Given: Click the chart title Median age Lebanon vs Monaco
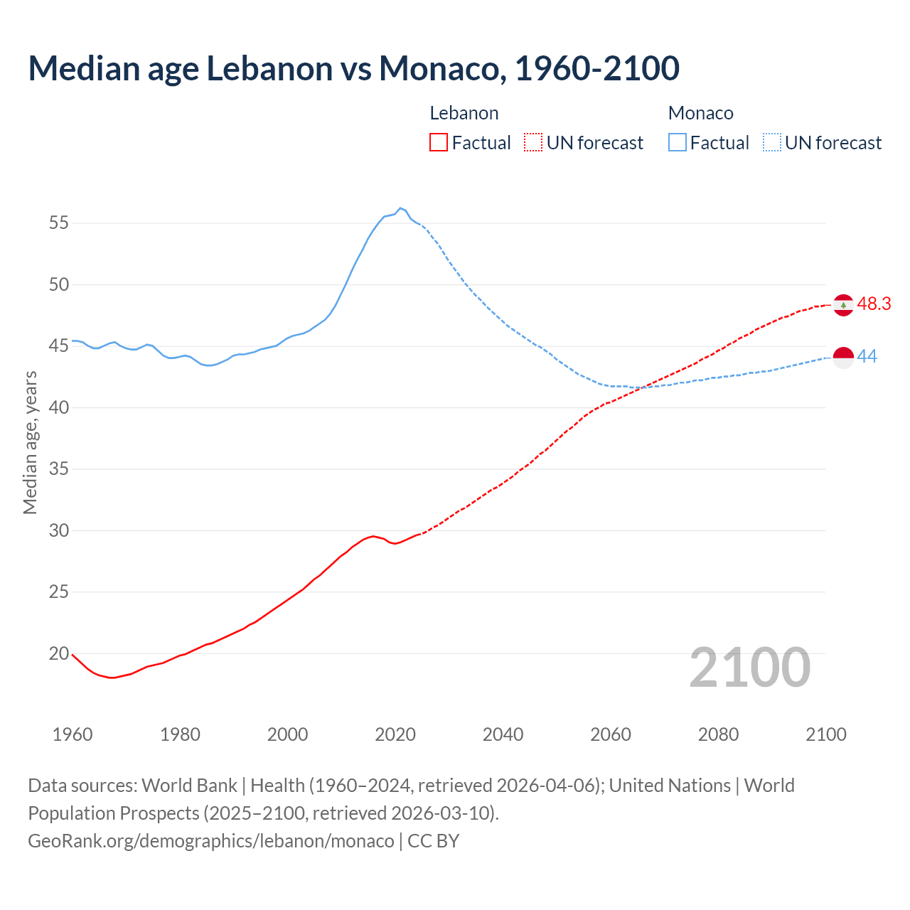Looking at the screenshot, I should pyautogui.click(x=353, y=68).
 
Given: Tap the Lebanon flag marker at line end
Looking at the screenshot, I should pyautogui.click(x=843, y=305).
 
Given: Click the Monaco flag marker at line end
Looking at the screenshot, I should pyautogui.click(x=843, y=358).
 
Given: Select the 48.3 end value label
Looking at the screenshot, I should pyautogui.click(x=874, y=304).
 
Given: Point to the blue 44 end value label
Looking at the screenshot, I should pyautogui.click(x=867, y=357).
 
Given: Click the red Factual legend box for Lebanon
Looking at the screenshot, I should pyautogui.click(x=439, y=143).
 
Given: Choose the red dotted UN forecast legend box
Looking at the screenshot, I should pyautogui.click(x=533, y=143).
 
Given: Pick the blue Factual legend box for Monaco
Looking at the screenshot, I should pyautogui.click(x=678, y=143).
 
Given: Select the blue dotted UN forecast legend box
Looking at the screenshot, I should pyautogui.click(x=771, y=143).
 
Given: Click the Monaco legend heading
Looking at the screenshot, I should pyautogui.click(x=700, y=113).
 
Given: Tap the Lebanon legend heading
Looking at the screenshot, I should pyautogui.click(x=464, y=113).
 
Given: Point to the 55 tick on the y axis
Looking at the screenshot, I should pyautogui.click(x=58, y=223).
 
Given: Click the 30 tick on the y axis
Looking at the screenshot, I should pyautogui.click(x=58, y=530).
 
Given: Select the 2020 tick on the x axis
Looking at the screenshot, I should pyautogui.click(x=395, y=734).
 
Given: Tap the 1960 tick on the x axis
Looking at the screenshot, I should pyautogui.click(x=73, y=734).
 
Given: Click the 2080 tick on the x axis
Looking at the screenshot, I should pyautogui.click(x=718, y=734).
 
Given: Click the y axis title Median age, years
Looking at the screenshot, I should pyautogui.click(x=30, y=442).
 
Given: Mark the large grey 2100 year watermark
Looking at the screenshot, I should pyautogui.click(x=749, y=668).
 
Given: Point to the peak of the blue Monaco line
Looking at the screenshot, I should pyautogui.click(x=400, y=208).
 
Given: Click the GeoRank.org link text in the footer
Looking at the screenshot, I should pyautogui.click(x=210, y=841).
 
